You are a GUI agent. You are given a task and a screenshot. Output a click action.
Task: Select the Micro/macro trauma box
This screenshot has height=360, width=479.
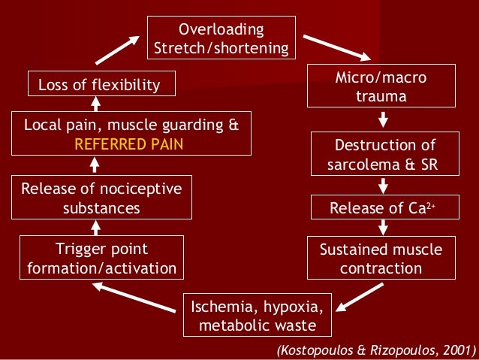tap(381, 86)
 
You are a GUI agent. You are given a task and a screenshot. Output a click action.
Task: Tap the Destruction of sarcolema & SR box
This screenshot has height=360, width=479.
tap(384, 154)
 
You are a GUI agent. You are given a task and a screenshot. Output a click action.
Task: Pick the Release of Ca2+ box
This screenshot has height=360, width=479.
tap(383, 208)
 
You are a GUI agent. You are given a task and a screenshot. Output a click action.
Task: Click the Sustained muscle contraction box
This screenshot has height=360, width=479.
tap(381, 258)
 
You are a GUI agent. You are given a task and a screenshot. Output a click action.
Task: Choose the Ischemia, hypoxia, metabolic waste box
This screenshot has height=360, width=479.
tap(258, 316)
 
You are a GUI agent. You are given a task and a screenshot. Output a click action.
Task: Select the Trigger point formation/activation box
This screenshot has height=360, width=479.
tap(102, 258)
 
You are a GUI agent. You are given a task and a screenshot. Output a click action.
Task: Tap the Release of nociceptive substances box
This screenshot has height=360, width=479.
tap(101, 198)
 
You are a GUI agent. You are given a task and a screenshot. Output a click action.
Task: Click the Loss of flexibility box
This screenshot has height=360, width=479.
tap(102, 84)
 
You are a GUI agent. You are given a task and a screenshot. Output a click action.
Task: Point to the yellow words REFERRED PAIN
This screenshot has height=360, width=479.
tap(131, 144)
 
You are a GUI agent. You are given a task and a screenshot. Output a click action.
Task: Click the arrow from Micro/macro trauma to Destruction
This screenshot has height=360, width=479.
tap(383, 119)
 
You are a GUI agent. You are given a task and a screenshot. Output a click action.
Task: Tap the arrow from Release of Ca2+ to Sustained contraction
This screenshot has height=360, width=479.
tap(383, 227)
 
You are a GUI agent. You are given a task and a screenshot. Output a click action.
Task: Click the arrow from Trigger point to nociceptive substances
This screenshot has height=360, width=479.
tap(96, 226)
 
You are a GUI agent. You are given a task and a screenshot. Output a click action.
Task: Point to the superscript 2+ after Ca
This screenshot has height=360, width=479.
tap(431, 204)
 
